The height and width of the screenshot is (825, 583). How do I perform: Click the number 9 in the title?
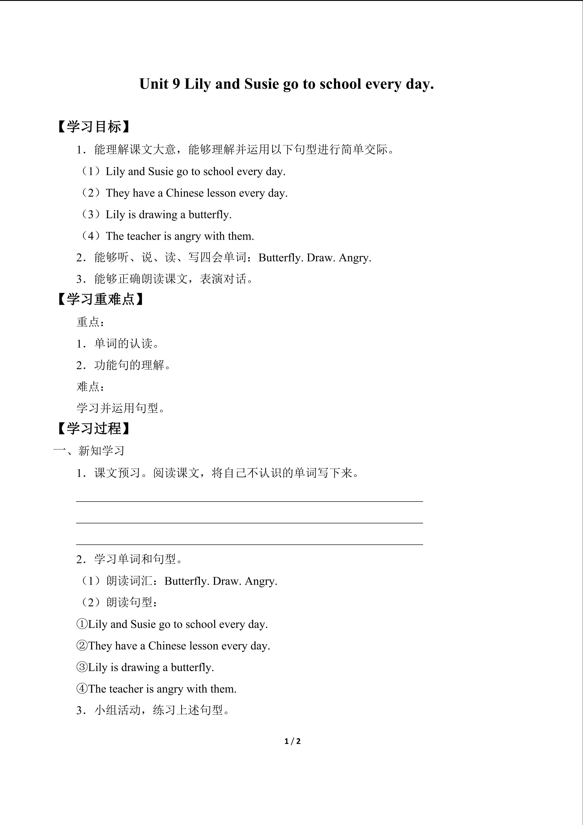(x=176, y=84)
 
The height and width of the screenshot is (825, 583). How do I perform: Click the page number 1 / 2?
(x=292, y=741)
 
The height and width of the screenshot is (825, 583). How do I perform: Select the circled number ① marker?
(x=82, y=624)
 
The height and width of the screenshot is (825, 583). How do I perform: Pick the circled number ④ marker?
(x=82, y=689)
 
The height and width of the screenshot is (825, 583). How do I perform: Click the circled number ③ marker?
(x=82, y=667)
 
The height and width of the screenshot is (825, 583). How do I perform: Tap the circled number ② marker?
(x=82, y=646)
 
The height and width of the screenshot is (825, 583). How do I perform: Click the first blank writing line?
(x=250, y=501)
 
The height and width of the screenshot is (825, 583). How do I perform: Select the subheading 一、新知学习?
(x=89, y=451)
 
